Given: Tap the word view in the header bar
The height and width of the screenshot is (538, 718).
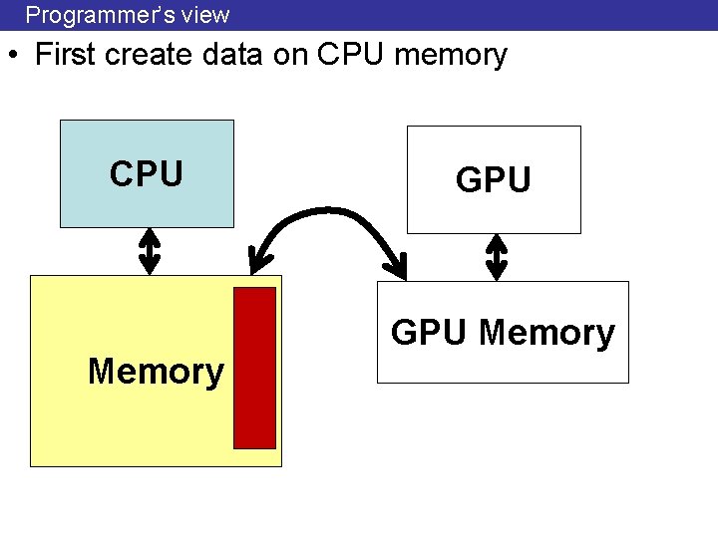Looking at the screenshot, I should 207,15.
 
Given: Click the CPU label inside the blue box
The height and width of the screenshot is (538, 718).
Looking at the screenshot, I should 147,174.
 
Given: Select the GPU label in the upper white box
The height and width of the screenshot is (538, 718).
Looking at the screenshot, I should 494,180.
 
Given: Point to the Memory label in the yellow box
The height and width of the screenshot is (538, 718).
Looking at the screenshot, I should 156,372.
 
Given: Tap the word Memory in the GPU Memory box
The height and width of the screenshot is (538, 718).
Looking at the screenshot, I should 546,333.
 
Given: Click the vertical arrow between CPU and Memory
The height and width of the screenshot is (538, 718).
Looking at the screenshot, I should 149,250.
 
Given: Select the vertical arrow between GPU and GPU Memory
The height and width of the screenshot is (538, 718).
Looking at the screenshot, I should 496,256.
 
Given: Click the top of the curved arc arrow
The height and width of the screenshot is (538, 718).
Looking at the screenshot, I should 329,212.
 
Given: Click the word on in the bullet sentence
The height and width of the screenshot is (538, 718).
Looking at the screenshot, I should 288,56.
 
